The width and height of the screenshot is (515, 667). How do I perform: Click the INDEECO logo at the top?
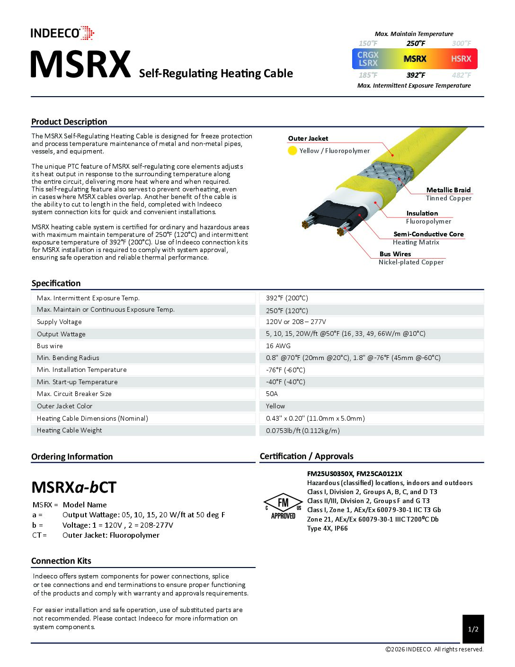coord(62,33)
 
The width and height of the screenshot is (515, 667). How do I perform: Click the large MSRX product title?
coord(80,65)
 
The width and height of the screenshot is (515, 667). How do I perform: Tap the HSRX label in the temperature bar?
coord(461,59)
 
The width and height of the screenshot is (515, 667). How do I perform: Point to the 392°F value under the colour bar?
coord(416,75)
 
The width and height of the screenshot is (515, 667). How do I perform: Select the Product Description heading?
coord(69,122)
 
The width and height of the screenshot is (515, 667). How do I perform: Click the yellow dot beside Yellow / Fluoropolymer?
coord(293,151)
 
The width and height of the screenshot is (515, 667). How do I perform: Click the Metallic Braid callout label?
coord(448,190)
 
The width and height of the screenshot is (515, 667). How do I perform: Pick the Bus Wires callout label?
coord(395,254)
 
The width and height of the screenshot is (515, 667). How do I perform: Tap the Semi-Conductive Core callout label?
coord(428,234)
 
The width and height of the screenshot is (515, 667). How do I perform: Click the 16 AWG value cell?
coord(278,346)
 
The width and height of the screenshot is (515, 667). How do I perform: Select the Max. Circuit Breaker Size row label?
coord(74,394)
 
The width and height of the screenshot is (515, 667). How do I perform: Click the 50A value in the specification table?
coord(272,394)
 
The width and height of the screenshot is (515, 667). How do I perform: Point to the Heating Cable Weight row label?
coord(70,430)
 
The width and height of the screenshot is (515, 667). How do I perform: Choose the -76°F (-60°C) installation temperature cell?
coord(285,370)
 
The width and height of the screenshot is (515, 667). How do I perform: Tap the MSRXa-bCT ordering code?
coord(74,487)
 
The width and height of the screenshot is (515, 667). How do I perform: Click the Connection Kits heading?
coord(61,561)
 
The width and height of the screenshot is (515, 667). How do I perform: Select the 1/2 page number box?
coord(473,629)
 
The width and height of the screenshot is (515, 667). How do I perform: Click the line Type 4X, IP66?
coord(328,528)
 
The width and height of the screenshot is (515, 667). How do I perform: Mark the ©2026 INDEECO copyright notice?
coord(434,649)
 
